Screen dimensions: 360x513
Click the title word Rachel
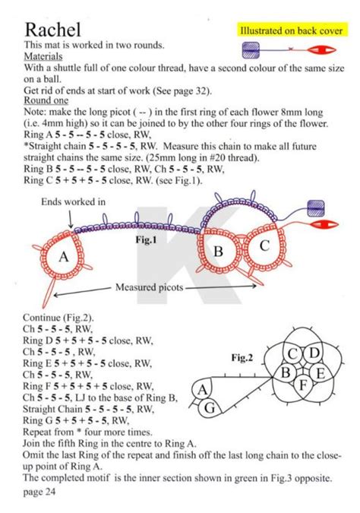(52, 30)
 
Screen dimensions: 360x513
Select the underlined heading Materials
(43, 57)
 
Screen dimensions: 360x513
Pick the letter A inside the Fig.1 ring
(64, 257)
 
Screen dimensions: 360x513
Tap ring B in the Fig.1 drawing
(218, 251)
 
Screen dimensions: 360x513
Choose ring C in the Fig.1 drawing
(264, 246)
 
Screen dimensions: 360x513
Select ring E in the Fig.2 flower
(320, 373)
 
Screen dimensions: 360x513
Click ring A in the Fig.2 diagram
(203, 390)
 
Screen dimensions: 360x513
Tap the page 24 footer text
(39, 492)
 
